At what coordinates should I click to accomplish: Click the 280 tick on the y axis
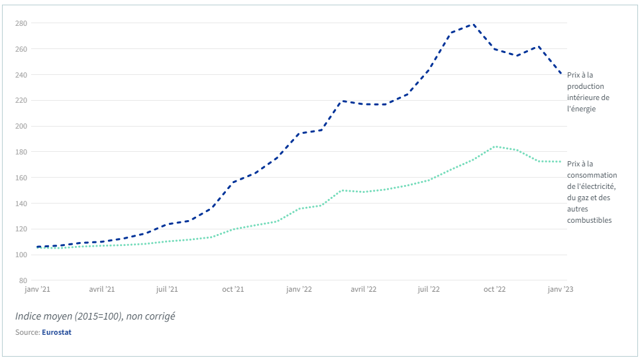pyautogui.click(x=21, y=23)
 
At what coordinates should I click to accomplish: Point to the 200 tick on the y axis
pyautogui.click(x=21, y=126)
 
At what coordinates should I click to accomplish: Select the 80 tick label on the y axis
pyautogui.click(x=23, y=280)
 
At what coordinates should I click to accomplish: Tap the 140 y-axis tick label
pyautogui.click(x=21, y=204)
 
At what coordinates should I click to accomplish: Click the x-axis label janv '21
pyautogui.click(x=38, y=290)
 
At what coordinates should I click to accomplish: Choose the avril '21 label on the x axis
pyautogui.click(x=102, y=290)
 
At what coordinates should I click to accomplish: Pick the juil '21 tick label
pyautogui.click(x=167, y=290)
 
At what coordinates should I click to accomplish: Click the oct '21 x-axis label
pyautogui.click(x=233, y=290)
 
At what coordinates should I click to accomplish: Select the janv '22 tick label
pyautogui.click(x=299, y=290)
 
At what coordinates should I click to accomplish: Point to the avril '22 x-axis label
pyautogui.click(x=363, y=290)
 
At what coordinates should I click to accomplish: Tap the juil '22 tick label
pyautogui.click(x=429, y=290)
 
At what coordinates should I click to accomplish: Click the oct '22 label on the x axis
pyautogui.click(x=494, y=290)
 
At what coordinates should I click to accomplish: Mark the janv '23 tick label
pyautogui.click(x=560, y=290)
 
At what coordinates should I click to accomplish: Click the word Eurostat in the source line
pyautogui.click(x=56, y=332)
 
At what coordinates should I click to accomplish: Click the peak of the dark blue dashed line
pyautogui.click(x=472, y=25)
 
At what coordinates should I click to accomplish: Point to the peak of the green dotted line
pyautogui.click(x=495, y=147)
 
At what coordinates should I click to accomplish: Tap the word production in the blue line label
pyautogui.click(x=585, y=86)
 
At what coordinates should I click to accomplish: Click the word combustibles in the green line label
pyautogui.click(x=589, y=220)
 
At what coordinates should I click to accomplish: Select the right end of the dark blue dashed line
pyautogui.click(x=561, y=74)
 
